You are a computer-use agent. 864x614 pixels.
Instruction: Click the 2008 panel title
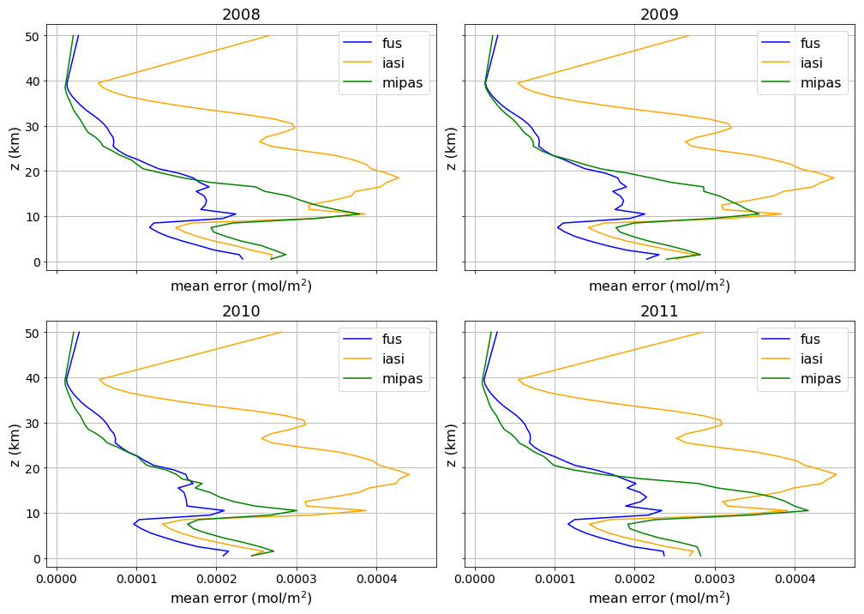pos(241,15)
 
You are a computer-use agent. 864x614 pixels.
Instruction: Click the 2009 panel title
pos(659,15)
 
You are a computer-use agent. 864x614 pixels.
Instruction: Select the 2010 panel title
pos(241,311)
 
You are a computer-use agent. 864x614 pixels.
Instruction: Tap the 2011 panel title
pos(659,311)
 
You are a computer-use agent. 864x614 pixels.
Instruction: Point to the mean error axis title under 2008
pos(241,286)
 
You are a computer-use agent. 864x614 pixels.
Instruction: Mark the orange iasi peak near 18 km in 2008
pos(399,178)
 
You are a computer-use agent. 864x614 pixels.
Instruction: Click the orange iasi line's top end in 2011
pos(702,333)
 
